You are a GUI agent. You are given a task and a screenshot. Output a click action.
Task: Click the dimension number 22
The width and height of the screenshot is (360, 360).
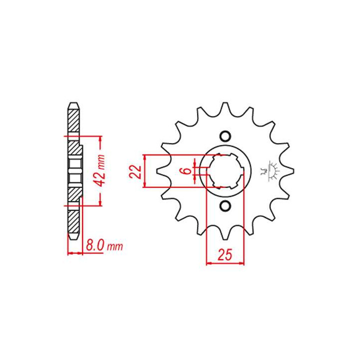click(x=134, y=171)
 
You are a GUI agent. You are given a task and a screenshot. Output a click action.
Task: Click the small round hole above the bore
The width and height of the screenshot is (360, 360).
click(x=225, y=136)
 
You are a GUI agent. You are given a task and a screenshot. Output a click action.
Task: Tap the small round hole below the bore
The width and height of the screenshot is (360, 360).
click(x=225, y=205)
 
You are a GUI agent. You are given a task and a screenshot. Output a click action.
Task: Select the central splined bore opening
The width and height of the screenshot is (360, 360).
click(x=225, y=171)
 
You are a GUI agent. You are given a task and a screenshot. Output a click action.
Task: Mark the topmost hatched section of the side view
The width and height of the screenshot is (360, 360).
click(x=73, y=120)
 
